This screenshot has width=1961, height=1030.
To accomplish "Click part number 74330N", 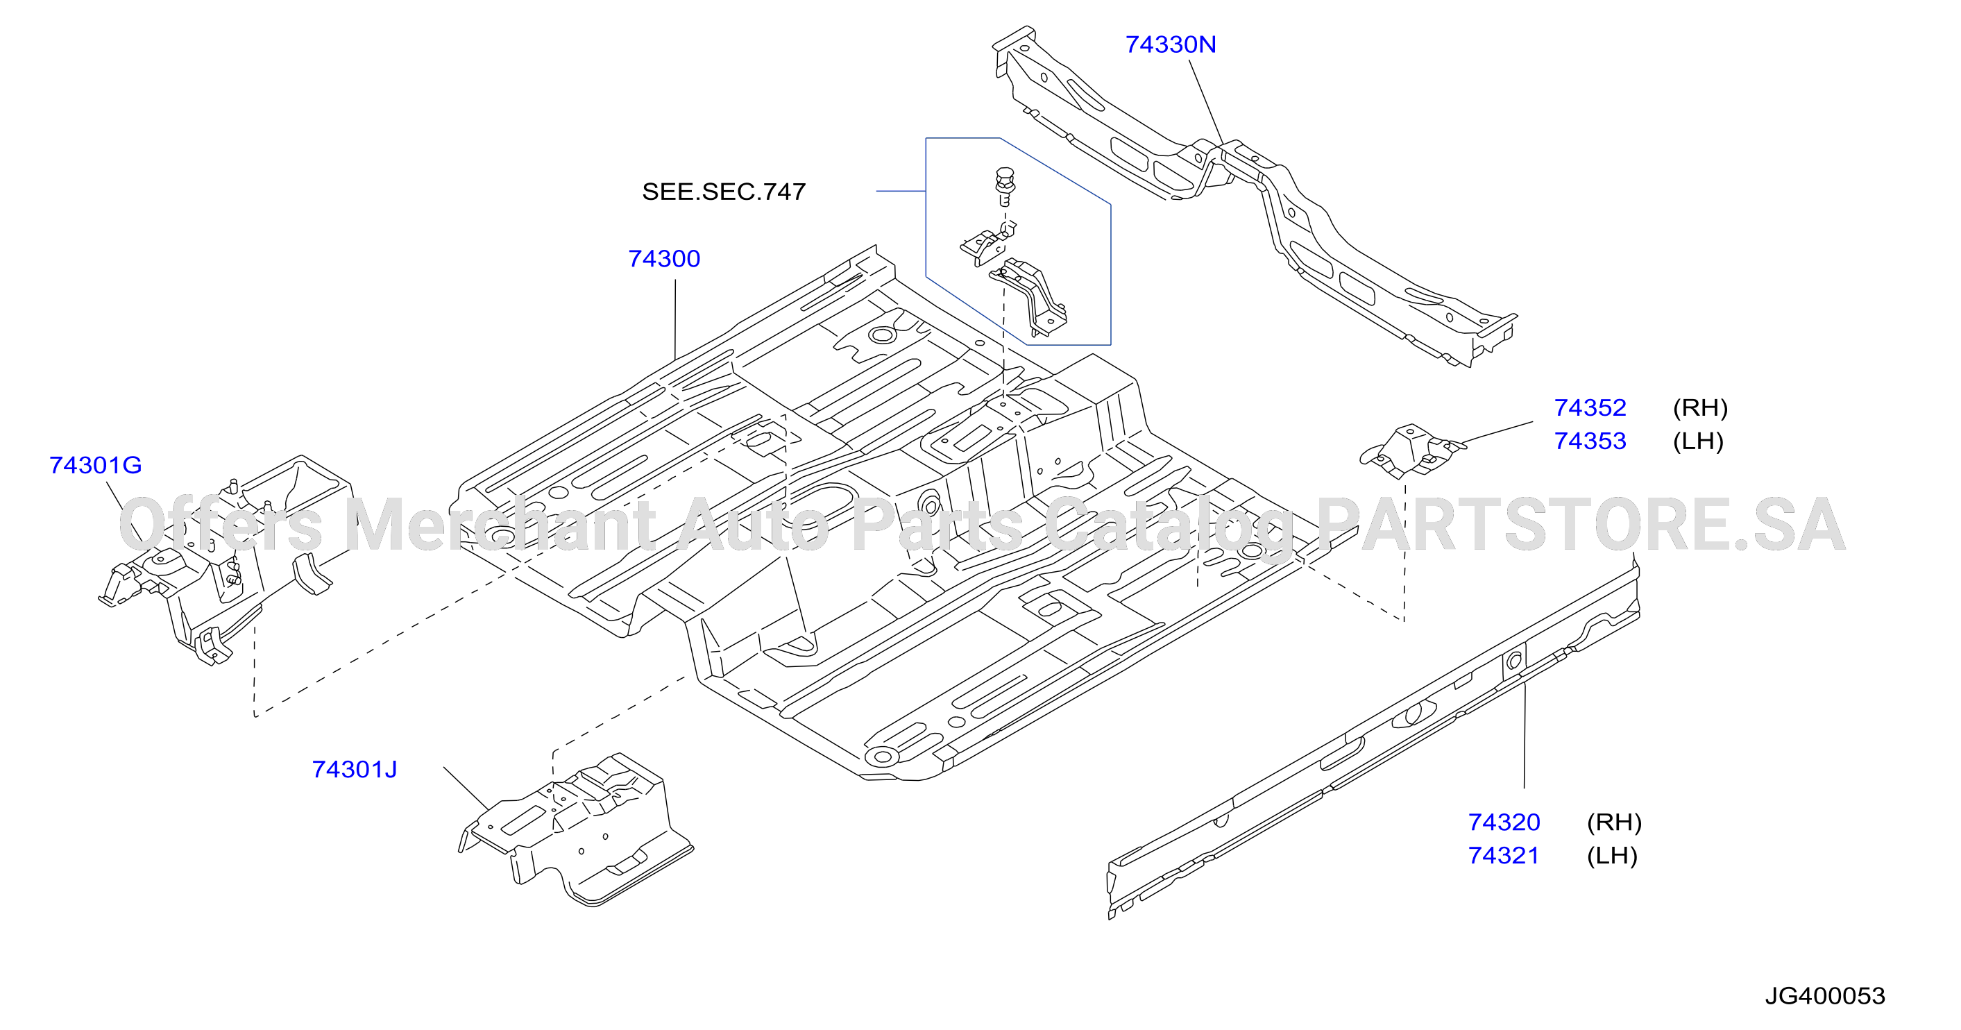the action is tap(1170, 45).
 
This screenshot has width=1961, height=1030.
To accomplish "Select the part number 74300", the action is tap(664, 259).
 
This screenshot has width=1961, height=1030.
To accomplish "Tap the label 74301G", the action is tap(96, 465).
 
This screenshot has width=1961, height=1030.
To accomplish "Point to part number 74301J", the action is tap(355, 770).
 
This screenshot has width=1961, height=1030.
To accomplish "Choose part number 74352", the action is tap(1590, 408).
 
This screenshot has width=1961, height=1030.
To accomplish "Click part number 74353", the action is tap(1590, 441).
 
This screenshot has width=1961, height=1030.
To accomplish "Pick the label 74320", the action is tap(1504, 822).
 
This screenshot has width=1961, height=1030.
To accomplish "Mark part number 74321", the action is tap(1504, 856).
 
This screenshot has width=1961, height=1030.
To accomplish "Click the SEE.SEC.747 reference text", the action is tap(724, 192).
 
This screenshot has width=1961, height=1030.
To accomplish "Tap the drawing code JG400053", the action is tap(1825, 996).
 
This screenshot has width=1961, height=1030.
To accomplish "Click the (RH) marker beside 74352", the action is tap(1700, 408).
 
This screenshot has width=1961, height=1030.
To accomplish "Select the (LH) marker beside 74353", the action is tap(1697, 441).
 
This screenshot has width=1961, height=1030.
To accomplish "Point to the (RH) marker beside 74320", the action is tap(1614, 822).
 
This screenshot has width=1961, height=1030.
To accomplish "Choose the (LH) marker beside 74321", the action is tap(1611, 856).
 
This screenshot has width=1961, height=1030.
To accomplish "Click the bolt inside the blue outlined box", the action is tap(1005, 186).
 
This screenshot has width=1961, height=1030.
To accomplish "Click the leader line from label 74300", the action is tap(675, 320).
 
